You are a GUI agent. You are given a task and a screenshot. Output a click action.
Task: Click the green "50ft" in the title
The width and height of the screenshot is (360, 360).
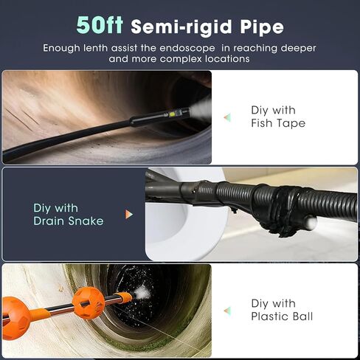(100, 26)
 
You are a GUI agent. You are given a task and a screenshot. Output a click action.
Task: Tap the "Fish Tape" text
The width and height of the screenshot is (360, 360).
(278, 123)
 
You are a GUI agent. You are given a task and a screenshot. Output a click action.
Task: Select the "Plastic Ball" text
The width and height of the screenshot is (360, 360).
(282, 316)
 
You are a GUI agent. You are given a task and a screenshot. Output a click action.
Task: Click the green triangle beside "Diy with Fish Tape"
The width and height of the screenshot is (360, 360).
(227, 117)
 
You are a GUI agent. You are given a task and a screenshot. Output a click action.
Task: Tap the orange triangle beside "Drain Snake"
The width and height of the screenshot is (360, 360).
(130, 214)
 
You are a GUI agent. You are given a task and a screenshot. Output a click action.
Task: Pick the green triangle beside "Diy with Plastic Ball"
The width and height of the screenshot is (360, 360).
(227, 310)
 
